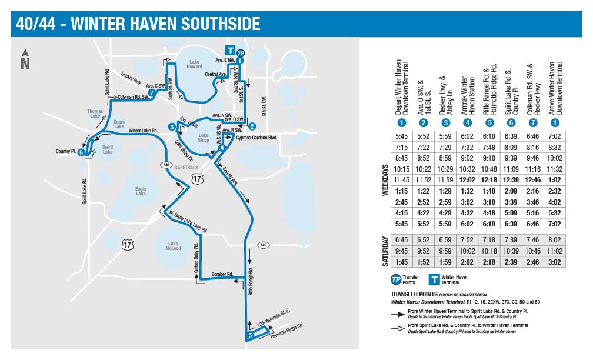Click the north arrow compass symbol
[x=25, y=59]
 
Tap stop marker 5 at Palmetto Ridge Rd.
[x=250, y=335]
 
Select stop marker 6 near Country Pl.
[x=81, y=152]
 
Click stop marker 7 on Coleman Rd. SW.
[x=152, y=92]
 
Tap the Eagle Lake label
[x=141, y=191]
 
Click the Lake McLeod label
[x=173, y=246]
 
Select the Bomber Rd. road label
[x=223, y=274]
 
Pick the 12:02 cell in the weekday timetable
[x=467, y=179]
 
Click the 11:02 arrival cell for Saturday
[x=554, y=251]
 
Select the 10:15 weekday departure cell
[x=401, y=169]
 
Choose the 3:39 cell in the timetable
[x=510, y=201]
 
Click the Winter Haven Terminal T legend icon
[x=434, y=279]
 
